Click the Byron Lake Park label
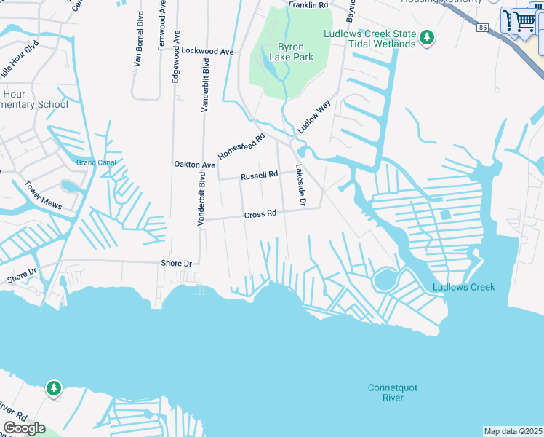pyautogui.click(x=291, y=51)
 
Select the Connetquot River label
pyautogui.click(x=393, y=393)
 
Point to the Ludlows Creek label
pyautogui.click(x=463, y=287)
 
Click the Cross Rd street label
pyautogui.click(x=260, y=214)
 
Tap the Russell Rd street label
pyautogui.click(x=260, y=175)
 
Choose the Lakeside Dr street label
pyautogui.click(x=299, y=183)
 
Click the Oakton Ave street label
pyautogui.click(x=194, y=165)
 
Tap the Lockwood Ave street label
pyautogui.click(x=207, y=52)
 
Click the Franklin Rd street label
pyautogui.click(x=308, y=5)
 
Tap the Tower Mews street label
pyautogui.click(x=41, y=193)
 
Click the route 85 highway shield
pyautogui.click(x=482, y=28)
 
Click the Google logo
pyautogui.click(x=24, y=428)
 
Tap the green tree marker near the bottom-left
pyautogui.click(x=53, y=388)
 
